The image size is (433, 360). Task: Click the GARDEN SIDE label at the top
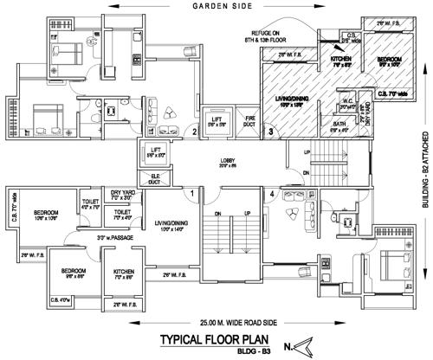coord(217,6)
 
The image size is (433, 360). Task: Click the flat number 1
coord(191,193)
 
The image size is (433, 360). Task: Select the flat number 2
coord(195,132)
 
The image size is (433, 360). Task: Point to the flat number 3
coord(270,132)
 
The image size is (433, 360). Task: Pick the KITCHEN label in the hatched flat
coord(340,59)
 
